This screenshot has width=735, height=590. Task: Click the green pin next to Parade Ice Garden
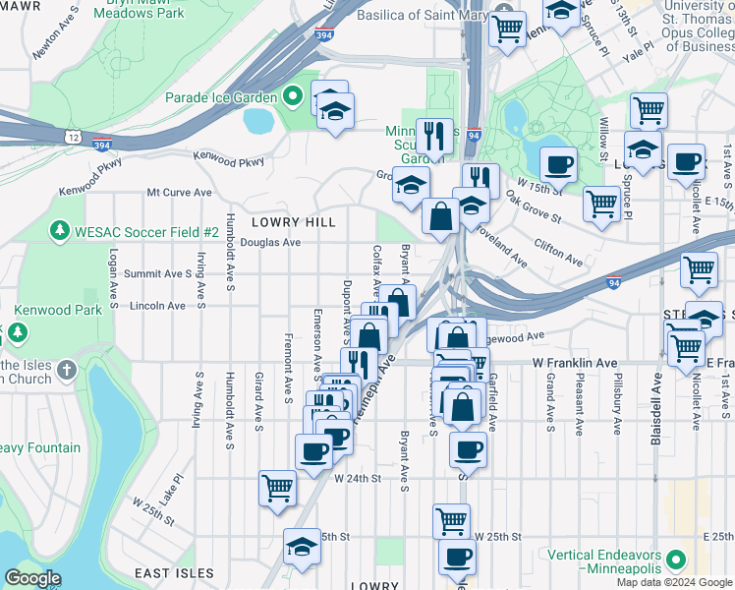click(x=292, y=97)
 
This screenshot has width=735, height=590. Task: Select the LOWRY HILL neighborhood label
click(x=293, y=222)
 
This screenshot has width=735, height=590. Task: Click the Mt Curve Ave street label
click(x=179, y=193)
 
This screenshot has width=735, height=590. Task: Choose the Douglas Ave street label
click(x=270, y=242)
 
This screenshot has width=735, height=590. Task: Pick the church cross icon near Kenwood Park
click(x=66, y=370)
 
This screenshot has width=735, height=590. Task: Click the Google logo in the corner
click(x=32, y=578)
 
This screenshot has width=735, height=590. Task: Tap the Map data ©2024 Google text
click(x=674, y=582)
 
